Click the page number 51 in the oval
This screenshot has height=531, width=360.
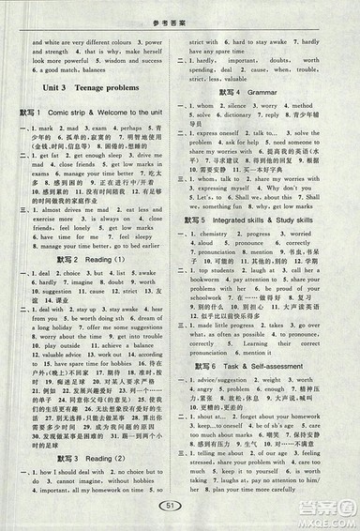pyautogui.click(x=181, y=508)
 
